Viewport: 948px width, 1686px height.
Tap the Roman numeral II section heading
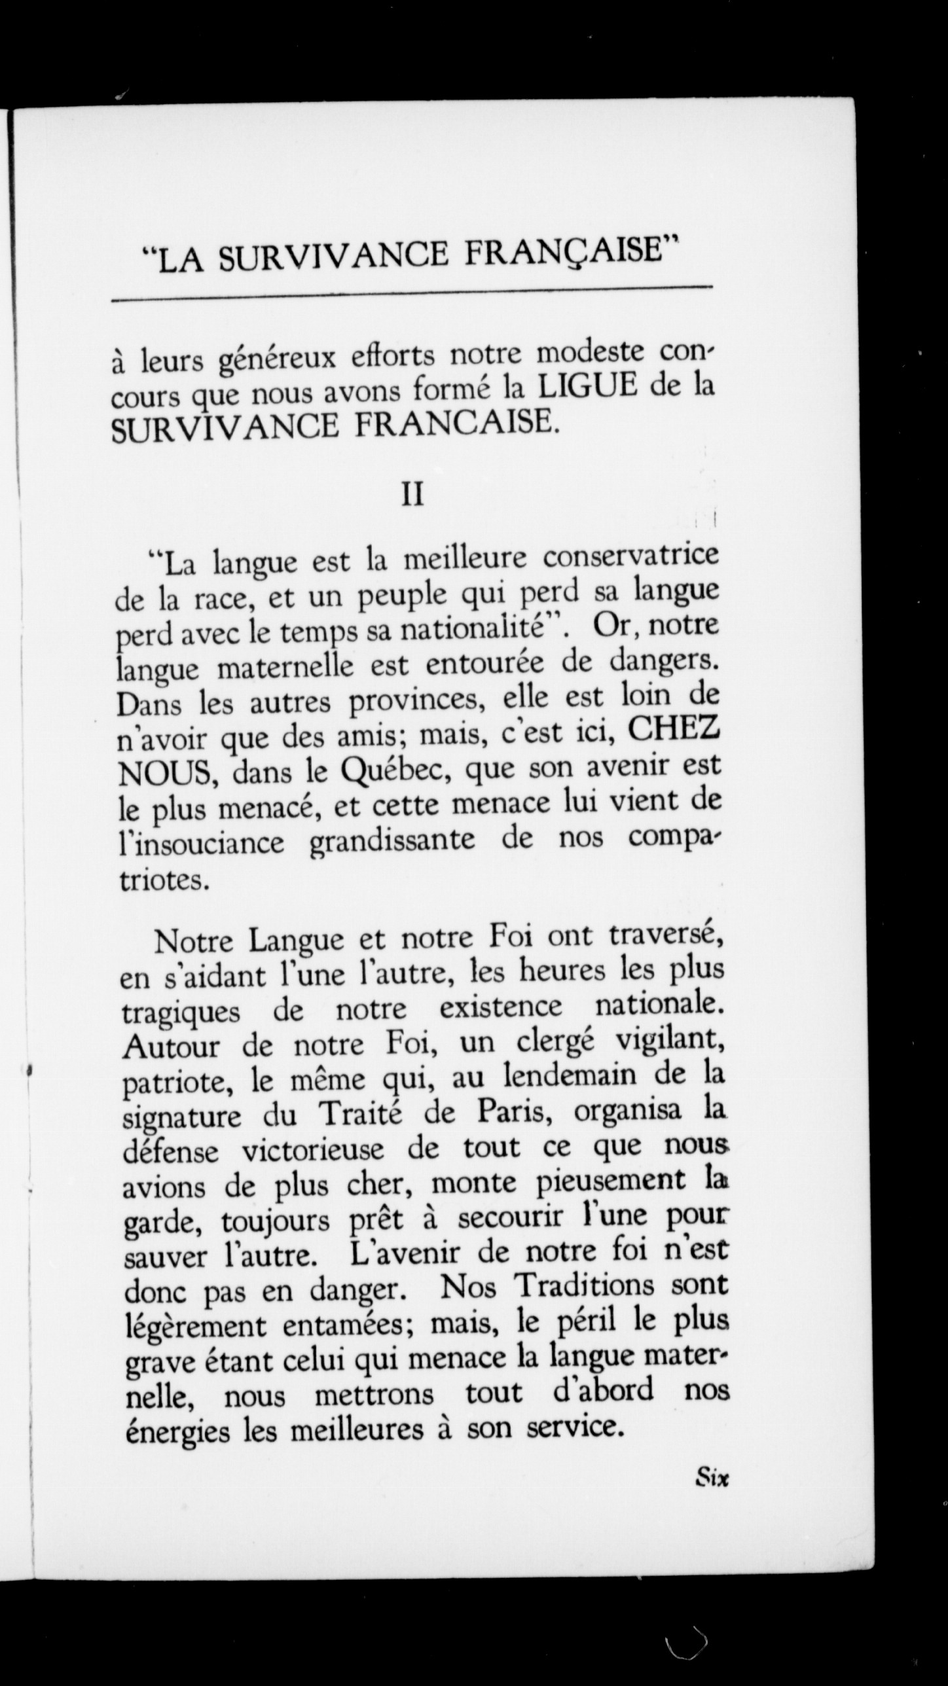412,495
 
